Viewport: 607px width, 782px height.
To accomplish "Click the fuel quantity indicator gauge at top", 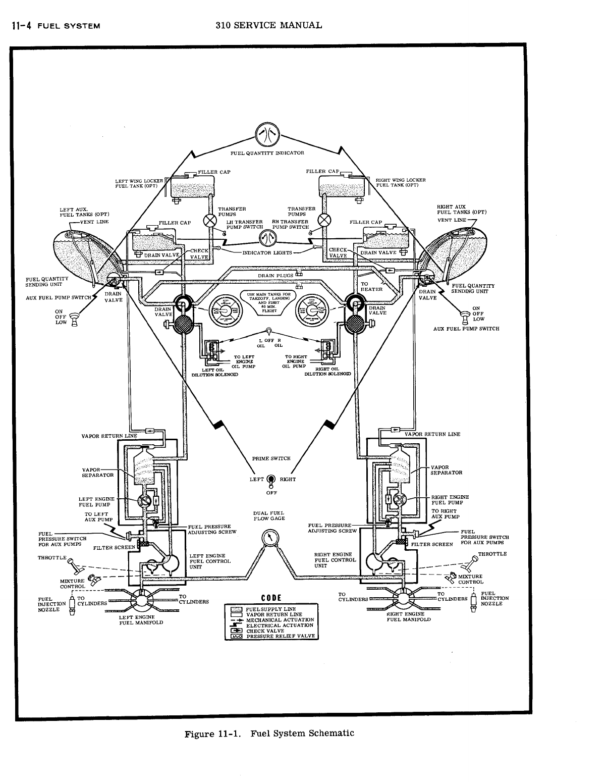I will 267,134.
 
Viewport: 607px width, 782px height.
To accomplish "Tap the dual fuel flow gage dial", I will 269,538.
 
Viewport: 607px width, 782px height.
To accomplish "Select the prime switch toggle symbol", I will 270,480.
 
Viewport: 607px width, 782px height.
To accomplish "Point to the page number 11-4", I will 19,25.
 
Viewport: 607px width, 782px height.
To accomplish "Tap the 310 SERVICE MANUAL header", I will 268,25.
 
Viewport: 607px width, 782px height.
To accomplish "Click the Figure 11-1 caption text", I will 269,734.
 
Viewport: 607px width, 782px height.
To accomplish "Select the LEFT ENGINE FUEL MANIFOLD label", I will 140,620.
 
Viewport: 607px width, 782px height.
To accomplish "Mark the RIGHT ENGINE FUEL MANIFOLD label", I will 409,617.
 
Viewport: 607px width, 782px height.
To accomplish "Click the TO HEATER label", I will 371,287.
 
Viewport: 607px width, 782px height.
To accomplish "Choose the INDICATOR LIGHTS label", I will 267,252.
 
